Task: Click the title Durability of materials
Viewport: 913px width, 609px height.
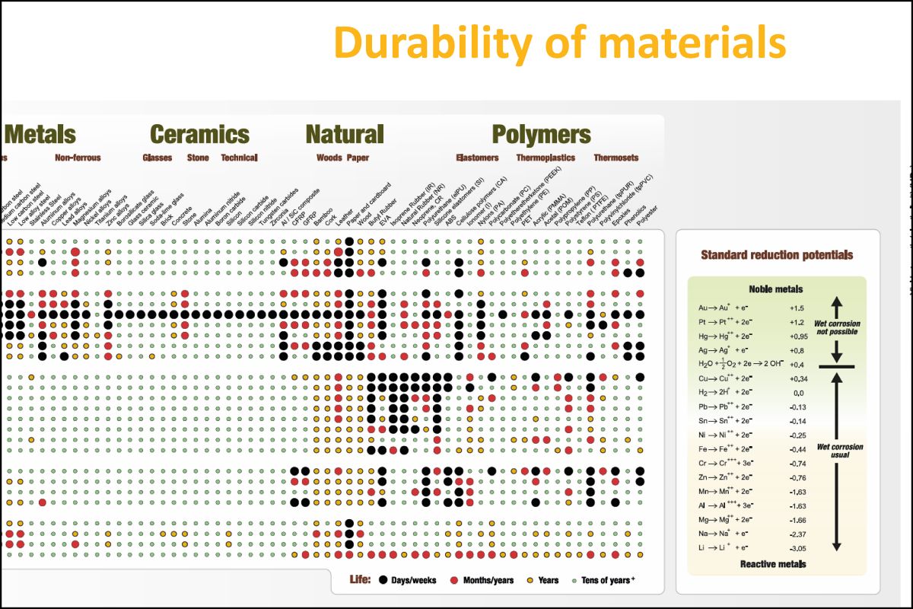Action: (559, 42)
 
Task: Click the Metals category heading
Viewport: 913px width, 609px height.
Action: (40, 135)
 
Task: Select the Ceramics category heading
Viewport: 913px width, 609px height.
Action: (199, 135)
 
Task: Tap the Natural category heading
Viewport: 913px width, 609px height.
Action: (344, 135)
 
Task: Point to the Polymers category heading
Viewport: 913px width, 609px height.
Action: (541, 135)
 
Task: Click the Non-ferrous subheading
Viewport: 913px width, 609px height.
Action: (78, 158)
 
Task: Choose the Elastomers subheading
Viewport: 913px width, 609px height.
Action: (477, 158)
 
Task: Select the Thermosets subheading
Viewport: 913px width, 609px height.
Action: (616, 158)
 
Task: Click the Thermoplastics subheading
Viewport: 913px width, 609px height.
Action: (546, 158)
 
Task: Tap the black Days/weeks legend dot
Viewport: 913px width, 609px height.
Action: (383, 580)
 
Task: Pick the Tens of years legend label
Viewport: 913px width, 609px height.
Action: (609, 580)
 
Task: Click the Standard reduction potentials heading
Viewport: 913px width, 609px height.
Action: (776, 255)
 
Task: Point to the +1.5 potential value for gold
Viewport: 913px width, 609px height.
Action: (797, 308)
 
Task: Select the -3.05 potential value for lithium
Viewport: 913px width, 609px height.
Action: (797, 548)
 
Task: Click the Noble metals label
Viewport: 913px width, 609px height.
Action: (775, 289)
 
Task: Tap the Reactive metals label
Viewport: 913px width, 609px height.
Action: (773, 564)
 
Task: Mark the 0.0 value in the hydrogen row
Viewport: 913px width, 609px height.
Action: (797, 393)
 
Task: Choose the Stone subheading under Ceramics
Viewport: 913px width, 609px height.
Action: (198, 158)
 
